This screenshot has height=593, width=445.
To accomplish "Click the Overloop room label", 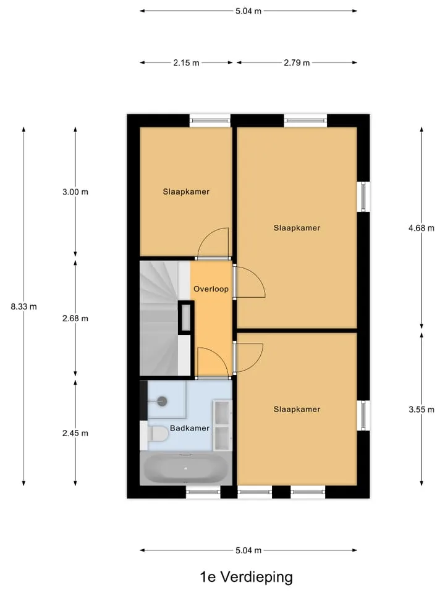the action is tap(211, 289).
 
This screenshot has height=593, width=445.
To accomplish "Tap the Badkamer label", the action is tap(190, 428).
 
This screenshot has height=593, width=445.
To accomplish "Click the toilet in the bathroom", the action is tap(158, 434).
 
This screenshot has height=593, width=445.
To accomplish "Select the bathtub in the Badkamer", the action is tap(186, 469).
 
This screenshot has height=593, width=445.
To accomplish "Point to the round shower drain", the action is tap(162, 401).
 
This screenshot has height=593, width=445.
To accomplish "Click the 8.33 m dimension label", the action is tap(24, 307).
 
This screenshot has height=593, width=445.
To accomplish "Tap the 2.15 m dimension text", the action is tap(186, 63).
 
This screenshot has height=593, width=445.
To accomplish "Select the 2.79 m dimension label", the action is tap(297, 63).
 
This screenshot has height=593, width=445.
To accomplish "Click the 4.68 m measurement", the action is tap(422, 228).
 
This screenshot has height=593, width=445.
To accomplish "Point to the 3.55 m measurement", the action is tap(422, 409).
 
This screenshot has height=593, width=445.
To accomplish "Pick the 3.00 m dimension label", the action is tap(75, 192).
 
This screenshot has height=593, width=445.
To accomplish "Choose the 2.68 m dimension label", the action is tap(75, 319).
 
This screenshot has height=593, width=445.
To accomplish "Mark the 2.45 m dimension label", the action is tap(75, 433).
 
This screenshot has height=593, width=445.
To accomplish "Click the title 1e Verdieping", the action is tap(247, 577).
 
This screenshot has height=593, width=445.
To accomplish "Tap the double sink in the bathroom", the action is tap(222, 426).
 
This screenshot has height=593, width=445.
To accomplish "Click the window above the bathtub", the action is tap(203, 492).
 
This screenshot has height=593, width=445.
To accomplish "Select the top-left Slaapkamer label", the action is tap(186, 191).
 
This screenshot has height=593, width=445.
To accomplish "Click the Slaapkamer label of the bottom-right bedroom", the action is tap(297, 409).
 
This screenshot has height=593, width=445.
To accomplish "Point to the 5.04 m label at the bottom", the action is tap(248, 550).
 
